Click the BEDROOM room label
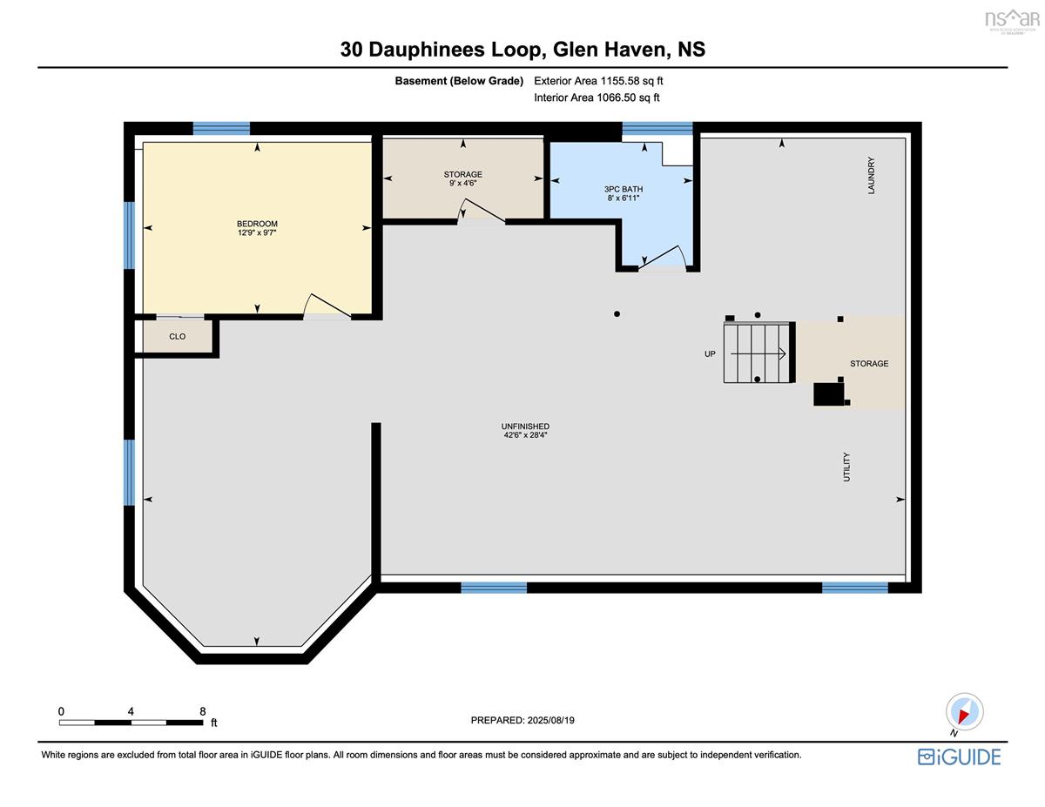click(257, 224)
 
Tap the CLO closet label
click(177, 336)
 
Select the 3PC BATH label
click(624, 190)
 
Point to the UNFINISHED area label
click(525, 427)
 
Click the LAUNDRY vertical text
click(871, 176)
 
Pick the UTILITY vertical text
click(846, 467)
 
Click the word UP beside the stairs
click(710, 353)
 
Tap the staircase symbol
click(758, 353)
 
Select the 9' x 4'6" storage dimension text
click(462, 183)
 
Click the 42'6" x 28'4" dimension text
click(525, 435)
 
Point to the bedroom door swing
click(327, 306)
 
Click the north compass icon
click(964, 712)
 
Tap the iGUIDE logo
click(959, 757)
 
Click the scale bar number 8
click(202, 711)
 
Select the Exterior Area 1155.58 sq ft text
click(598, 81)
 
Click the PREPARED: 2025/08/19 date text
click(522, 720)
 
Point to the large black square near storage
click(828, 394)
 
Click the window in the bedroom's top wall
click(221, 128)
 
